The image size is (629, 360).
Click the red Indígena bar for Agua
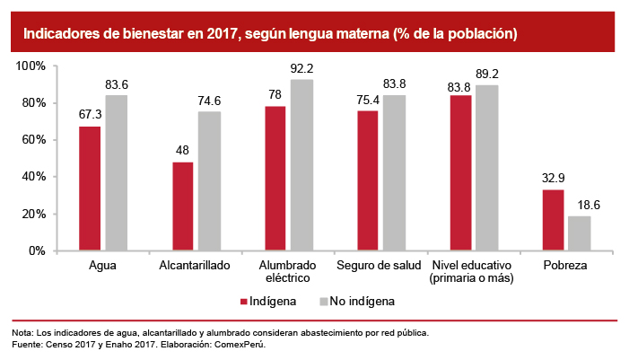coord(90,189)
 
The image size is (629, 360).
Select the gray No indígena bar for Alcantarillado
coord(208,181)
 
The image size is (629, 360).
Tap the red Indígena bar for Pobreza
coord(554,220)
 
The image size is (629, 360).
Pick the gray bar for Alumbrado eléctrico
coord(301,165)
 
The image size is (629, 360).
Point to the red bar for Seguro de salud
coord(369,180)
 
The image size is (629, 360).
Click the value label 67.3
coord(90,116)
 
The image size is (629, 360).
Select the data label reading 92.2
coord(302,68)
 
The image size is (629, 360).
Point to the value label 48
coord(183,151)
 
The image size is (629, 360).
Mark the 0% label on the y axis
coord(37,251)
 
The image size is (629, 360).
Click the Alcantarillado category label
coord(195,266)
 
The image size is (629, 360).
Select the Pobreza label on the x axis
coord(566,266)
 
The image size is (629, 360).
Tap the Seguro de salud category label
coord(379,266)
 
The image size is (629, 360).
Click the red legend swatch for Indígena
coord(241,301)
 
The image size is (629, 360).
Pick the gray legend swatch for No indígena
coord(323,301)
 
